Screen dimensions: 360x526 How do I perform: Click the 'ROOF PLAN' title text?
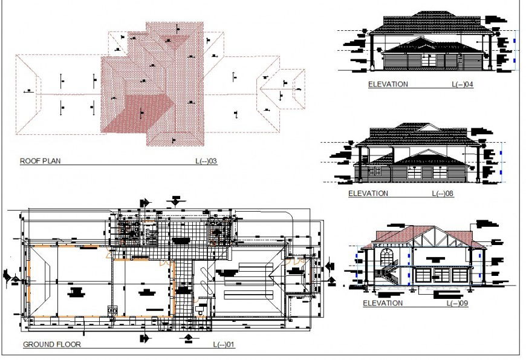[x=40, y=161]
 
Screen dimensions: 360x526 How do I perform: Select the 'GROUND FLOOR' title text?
[x=51, y=344]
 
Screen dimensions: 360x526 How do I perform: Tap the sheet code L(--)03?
[x=206, y=161]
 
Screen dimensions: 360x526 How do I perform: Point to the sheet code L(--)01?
[x=224, y=344]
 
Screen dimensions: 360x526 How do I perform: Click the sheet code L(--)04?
[x=463, y=85]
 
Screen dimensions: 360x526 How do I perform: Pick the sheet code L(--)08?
[x=443, y=194]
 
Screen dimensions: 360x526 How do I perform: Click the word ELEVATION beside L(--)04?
[x=388, y=85]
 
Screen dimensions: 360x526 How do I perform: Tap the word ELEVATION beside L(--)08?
[x=368, y=194]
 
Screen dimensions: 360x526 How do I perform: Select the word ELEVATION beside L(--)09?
[x=382, y=303]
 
